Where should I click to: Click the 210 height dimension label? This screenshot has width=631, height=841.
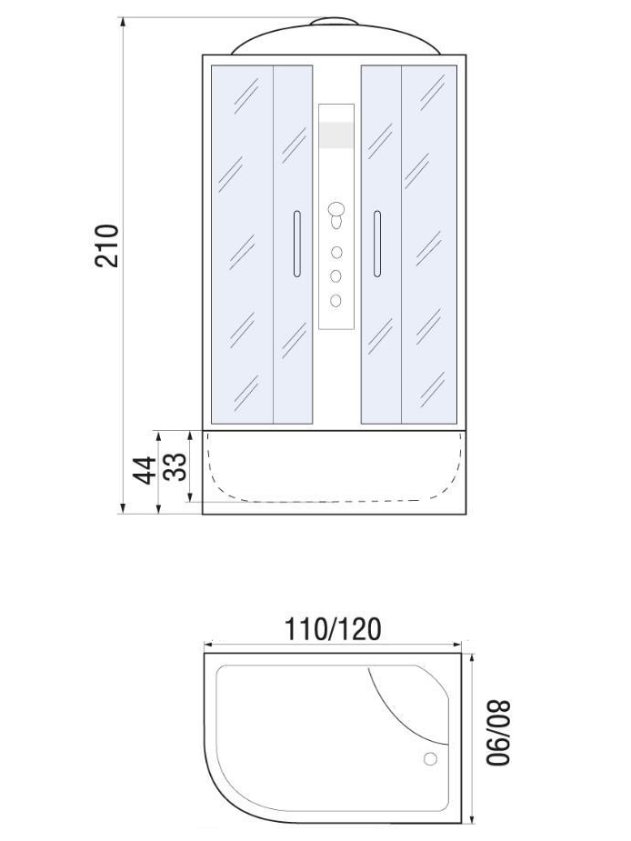pyautogui.click(x=106, y=245)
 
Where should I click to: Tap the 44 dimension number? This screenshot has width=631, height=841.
pyautogui.click(x=144, y=470)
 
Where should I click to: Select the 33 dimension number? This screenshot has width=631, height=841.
pyautogui.click(x=175, y=466)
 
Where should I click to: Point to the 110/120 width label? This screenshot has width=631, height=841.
pyautogui.click(x=333, y=629)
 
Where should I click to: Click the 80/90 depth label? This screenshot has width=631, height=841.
pyautogui.click(x=499, y=732)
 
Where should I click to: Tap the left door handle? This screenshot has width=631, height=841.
pyautogui.click(x=296, y=244)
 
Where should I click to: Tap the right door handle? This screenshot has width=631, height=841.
pyautogui.click(x=377, y=244)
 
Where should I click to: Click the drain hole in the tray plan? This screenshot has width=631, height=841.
pyautogui.click(x=430, y=759)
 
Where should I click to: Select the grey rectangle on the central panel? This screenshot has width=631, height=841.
pyautogui.click(x=336, y=135)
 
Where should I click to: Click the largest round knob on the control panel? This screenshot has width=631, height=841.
pyautogui.click(x=336, y=209)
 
